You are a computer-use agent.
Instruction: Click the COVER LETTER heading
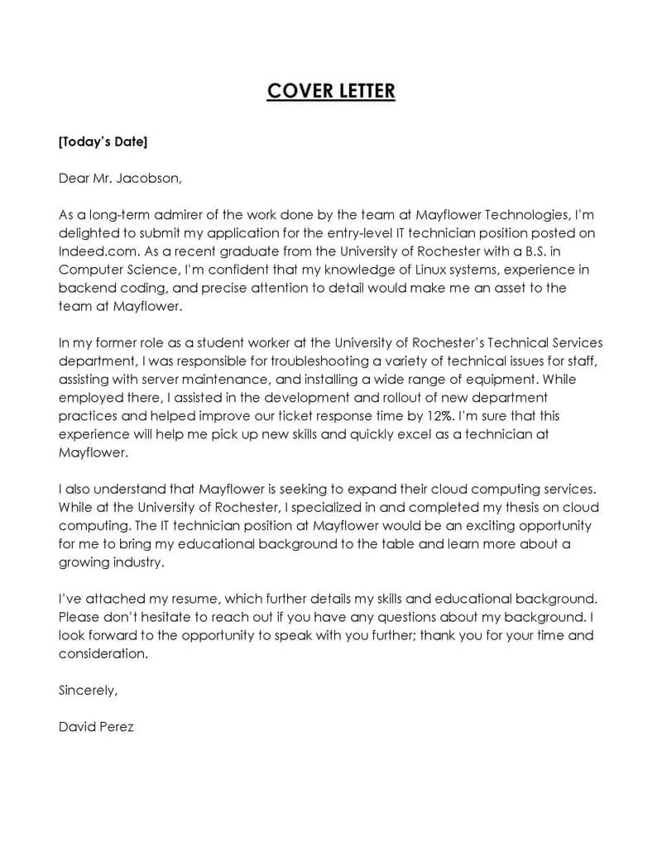coord(331,90)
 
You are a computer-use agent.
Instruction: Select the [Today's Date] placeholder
coord(103,142)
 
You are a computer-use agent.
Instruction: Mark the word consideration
coord(103,653)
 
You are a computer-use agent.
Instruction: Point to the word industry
coord(137,562)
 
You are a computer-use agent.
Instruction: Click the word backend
coord(85,287)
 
